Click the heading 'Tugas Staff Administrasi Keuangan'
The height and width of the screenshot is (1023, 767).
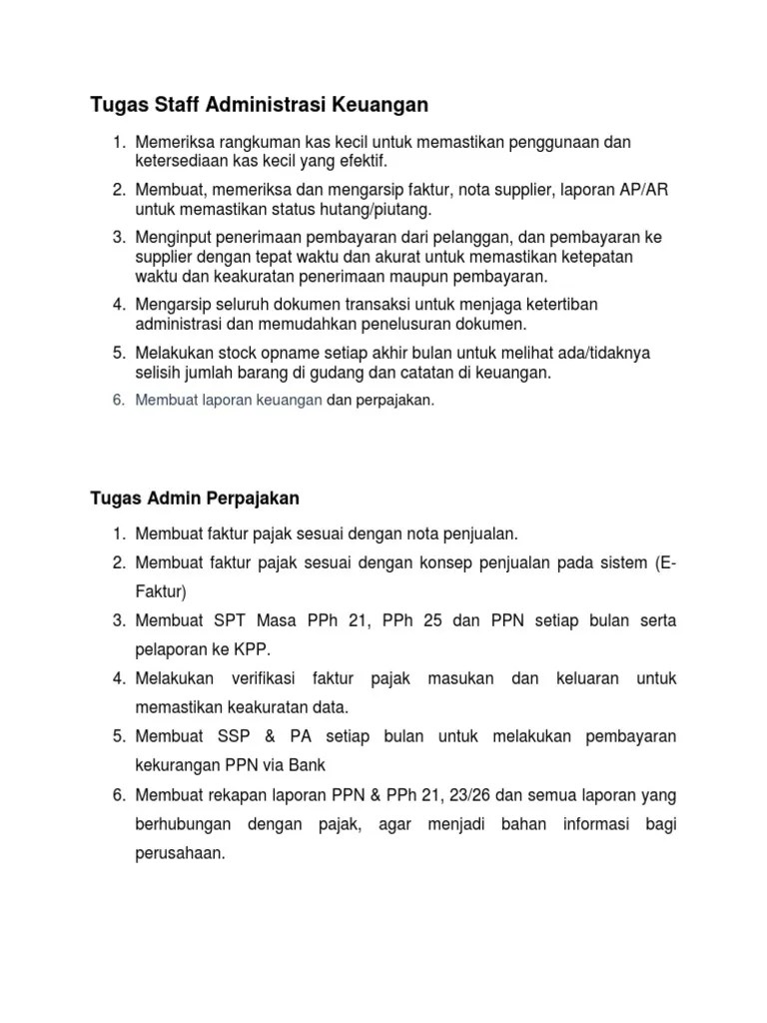tap(259, 103)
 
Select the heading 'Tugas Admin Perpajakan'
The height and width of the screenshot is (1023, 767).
tap(194, 497)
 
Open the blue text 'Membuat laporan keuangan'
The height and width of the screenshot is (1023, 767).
tap(228, 400)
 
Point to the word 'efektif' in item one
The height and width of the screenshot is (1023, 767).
tap(363, 161)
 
